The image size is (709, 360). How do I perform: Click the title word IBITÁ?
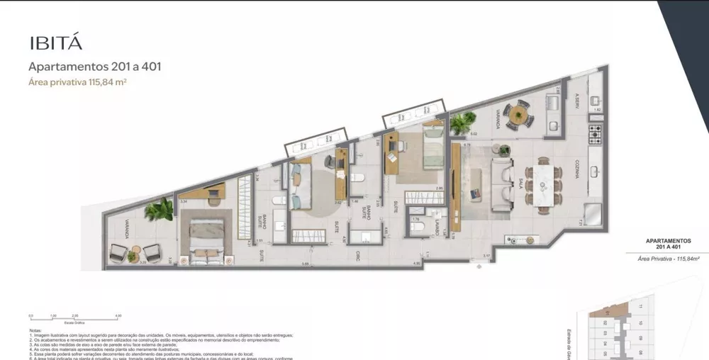pyautogui.click(x=56, y=42)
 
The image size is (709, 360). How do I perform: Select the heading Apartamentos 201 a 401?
pyautogui.click(x=94, y=67)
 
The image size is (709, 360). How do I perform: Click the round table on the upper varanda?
pyautogui.click(x=521, y=113)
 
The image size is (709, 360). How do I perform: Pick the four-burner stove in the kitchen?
pyautogui.click(x=595, y=132)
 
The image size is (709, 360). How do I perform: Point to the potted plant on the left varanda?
pyautogui.click(x=159, y=209)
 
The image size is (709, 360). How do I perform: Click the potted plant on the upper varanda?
pyautogui.click(x=462, y=124)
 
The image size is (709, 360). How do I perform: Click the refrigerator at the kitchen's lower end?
pyautogui.click(x=591, y=214)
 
